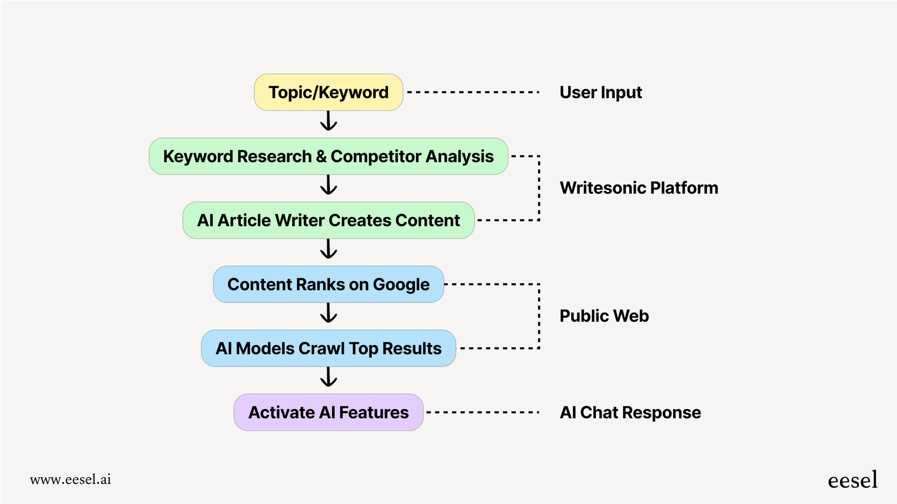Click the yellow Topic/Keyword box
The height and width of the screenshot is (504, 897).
(x=328, y=92)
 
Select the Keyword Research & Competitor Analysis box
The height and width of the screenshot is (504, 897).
(x=328, y=156)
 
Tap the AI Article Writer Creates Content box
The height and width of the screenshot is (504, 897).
(x=328, y=220)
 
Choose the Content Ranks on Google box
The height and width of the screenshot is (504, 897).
(x=328, y=284)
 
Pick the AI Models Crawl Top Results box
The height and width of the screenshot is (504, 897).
(x=328, y=348)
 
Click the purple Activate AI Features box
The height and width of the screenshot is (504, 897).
(x=328, y=412)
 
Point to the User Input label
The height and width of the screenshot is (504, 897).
(x=601, y=92)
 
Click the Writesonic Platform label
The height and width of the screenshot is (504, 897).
(x=639, y=188)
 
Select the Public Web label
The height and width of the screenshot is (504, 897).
(x=604, y=316)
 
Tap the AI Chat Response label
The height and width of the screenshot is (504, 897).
(x=630, y=412)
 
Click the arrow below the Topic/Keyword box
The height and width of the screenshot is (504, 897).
(x=328, y=121)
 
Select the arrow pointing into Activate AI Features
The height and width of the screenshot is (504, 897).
(x=328, y=377)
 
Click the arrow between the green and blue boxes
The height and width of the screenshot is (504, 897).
(x=328, y=249)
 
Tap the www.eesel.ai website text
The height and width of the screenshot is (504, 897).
(x=70, y=479)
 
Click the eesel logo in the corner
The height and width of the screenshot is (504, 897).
(x=852, y=480)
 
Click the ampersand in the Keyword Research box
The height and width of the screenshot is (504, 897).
(x=321, y=156)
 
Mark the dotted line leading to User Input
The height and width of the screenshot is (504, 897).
(x=473, y=92)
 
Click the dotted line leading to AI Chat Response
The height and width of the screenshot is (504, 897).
(x=482, y=412)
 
